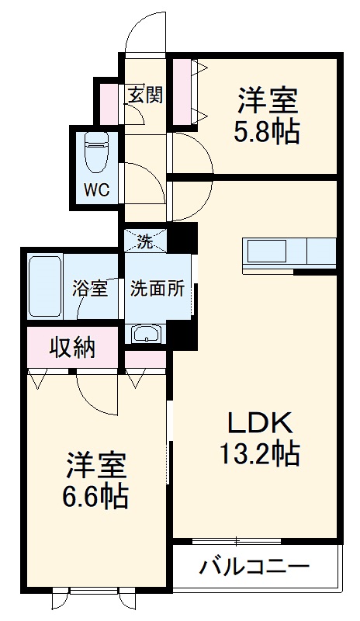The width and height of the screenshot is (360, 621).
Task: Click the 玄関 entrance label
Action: pos(145,95)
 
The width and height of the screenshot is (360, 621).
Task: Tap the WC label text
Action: pos(96,189)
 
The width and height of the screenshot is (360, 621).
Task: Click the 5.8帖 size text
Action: pos(268,132)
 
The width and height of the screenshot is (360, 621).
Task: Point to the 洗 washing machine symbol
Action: pos(145,241)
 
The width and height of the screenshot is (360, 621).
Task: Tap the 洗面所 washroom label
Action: pos(157,289)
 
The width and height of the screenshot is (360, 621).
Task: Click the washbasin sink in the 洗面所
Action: pos(146,334)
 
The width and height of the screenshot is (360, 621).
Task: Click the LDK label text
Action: pos(258,424)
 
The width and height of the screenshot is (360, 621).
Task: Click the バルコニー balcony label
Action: pos(255,565)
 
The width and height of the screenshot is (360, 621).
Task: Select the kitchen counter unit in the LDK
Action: pos(290,252)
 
